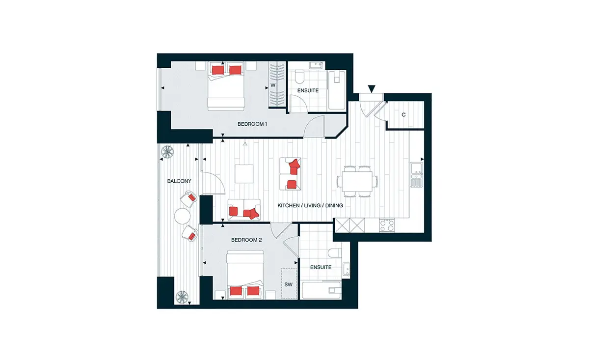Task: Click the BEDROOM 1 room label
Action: (x=252, y=124)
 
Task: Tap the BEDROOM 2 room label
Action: (x=246, y=240)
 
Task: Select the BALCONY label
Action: (x=179, y=181)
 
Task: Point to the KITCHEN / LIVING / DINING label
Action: (x=310, y=205)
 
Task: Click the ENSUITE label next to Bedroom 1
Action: (x=308, y=90)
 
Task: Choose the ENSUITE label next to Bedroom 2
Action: (x=321, y=267)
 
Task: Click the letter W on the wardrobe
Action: (x=273, y=85)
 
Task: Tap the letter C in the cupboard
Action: (x=403, y=115)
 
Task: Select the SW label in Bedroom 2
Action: (x=289, y=284)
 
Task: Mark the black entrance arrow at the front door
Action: (x=371, y=89)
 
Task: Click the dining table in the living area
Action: (x=357, y=181)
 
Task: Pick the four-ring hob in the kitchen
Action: (x=387, y=225)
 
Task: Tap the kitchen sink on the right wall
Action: (x=417, y=175)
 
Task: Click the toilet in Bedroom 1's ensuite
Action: (x=299, y=76)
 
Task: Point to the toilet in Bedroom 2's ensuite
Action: (x=335, y=253)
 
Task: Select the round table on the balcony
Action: (x=182, y=216)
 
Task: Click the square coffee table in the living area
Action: (x=244, y=174)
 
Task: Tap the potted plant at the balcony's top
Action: (x=167, y=152)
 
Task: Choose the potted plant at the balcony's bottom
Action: (x=182, y=297)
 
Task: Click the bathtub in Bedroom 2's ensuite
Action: (x=321, y=291)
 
